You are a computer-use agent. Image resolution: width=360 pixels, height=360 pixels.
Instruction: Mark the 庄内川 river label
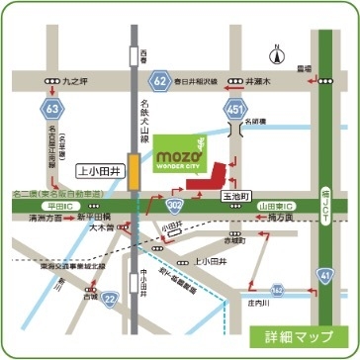289,304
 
